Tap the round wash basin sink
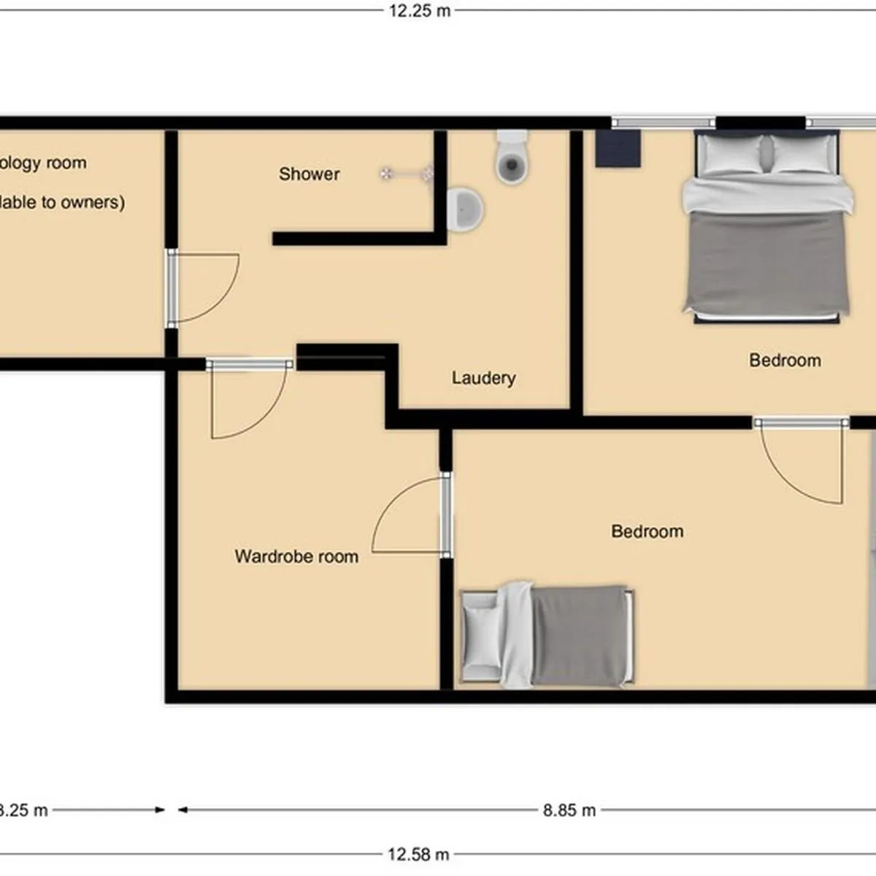coord(464,209)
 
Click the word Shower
coord(309,174)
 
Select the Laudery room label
coord(483,377)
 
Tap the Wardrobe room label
coord(296,556)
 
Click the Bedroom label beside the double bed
coord(785,360)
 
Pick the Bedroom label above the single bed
coord(648,531)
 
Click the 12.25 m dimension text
coord(419,10)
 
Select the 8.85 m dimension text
coord(569,810)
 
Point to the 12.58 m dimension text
coord(418,854)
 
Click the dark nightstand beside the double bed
coord(618,148)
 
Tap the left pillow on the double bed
coord(731,154)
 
